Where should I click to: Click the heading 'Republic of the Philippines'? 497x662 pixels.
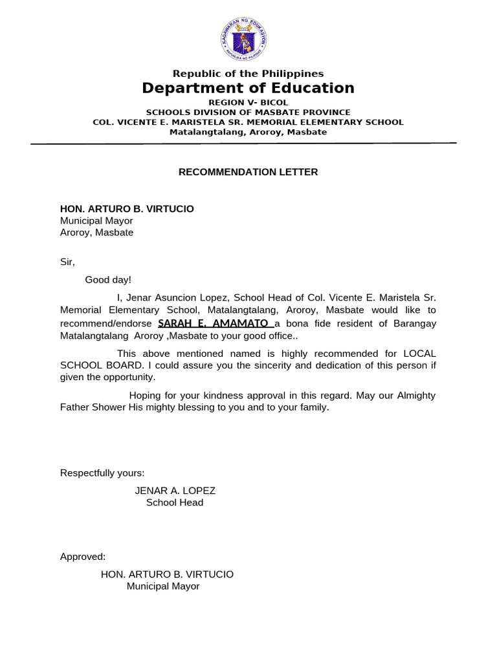point(248,74)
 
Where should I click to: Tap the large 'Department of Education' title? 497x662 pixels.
point(248,89)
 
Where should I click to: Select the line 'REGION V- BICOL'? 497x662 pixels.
point(248,103)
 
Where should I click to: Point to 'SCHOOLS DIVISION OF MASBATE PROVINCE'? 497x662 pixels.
point(248,112)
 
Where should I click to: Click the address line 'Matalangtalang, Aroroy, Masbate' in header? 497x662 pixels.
point(248,132)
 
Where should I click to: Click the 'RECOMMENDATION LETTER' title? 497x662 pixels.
point(248,172)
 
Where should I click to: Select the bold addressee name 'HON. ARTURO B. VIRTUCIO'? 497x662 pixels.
point(127,209)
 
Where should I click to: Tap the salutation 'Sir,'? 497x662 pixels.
point(68,262)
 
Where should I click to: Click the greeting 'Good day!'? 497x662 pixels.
point(108,279)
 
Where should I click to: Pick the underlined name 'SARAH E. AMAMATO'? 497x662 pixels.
point(214,323)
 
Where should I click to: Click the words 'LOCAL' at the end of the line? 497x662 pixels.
point(419,354)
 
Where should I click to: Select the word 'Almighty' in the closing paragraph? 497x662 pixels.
point(415,396)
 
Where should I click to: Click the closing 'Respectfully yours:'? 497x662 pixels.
point(102,473)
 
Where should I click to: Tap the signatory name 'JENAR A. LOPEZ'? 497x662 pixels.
point(175,491)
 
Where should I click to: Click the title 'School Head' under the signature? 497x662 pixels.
point(175,502)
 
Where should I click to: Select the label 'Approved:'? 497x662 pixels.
point(83,557)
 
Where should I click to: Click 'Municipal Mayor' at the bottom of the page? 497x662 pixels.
point(163,586)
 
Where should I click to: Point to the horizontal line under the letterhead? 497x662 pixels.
point(248,144)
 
